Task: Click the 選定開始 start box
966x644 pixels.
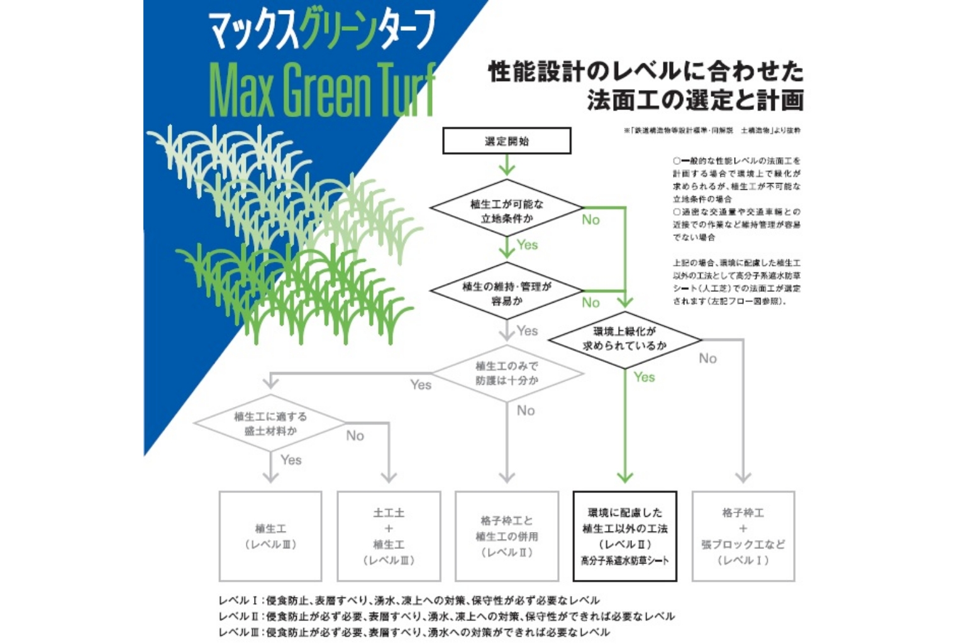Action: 506,141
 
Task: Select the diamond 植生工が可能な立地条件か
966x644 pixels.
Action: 506,211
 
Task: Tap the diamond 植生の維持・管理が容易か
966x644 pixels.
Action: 506,293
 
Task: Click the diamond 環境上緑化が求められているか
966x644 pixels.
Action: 625,338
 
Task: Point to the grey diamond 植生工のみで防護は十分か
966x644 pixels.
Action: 506,373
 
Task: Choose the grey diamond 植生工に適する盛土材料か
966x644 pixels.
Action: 270,423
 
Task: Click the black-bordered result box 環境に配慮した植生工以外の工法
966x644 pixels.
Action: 625,536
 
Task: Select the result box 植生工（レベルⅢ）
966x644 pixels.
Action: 270,536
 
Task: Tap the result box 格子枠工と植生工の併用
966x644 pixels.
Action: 506,536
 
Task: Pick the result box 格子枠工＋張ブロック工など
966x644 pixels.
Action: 743,536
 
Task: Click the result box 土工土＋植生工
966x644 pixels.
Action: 389,536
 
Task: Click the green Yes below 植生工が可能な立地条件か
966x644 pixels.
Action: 527,245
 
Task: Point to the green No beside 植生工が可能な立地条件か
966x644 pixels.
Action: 591,219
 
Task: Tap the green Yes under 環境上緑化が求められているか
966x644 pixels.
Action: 644,377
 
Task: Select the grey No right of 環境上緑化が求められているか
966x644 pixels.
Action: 708,358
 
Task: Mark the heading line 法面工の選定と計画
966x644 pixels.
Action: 695,100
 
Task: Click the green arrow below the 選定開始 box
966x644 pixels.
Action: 507,165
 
